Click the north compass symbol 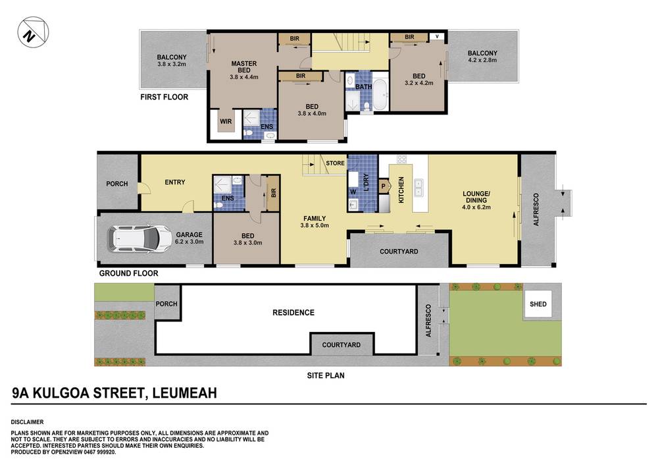pyautogui.click(x=33, y=32)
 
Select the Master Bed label pyautogui.click(x=244, y=67)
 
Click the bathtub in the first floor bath pyautogui.click(x=380, y=95)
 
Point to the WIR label pyautogui.click(x=226, y=121)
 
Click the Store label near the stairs pyautogui.click(x=336, y=163)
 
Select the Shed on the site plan pyautogui.click(x=538, y=304)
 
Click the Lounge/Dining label pyautogui.click(x=476, y=197)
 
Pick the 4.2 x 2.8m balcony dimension pyautogui.click(x=482, y=60)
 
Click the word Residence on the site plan pyautogui.click(x=293, y=312)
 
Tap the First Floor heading pyautogui.click(x=164, y=97)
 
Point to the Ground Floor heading pyautogui.click(x=128, y=273)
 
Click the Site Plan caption pyautogui.click(x=326, y=375)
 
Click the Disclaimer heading pyautogui.click(x=27, y=422)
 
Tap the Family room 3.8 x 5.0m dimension pyautogui.click(x=315, y=225)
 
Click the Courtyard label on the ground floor pyautogui.click(x=399, y=252)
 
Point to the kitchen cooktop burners pyautogui.click(x=401, y=159)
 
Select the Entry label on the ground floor pyautogui.click(x=175, y=182)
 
